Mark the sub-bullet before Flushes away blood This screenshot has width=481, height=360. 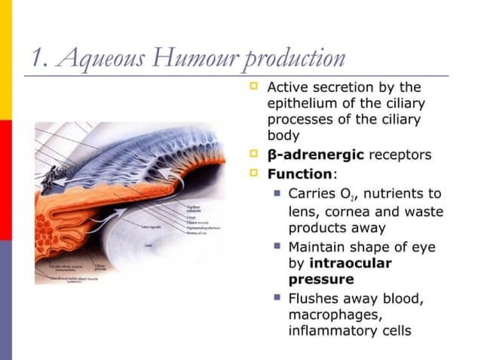(x=276, y=297)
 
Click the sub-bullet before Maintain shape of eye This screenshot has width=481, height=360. (x=276, y=246)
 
